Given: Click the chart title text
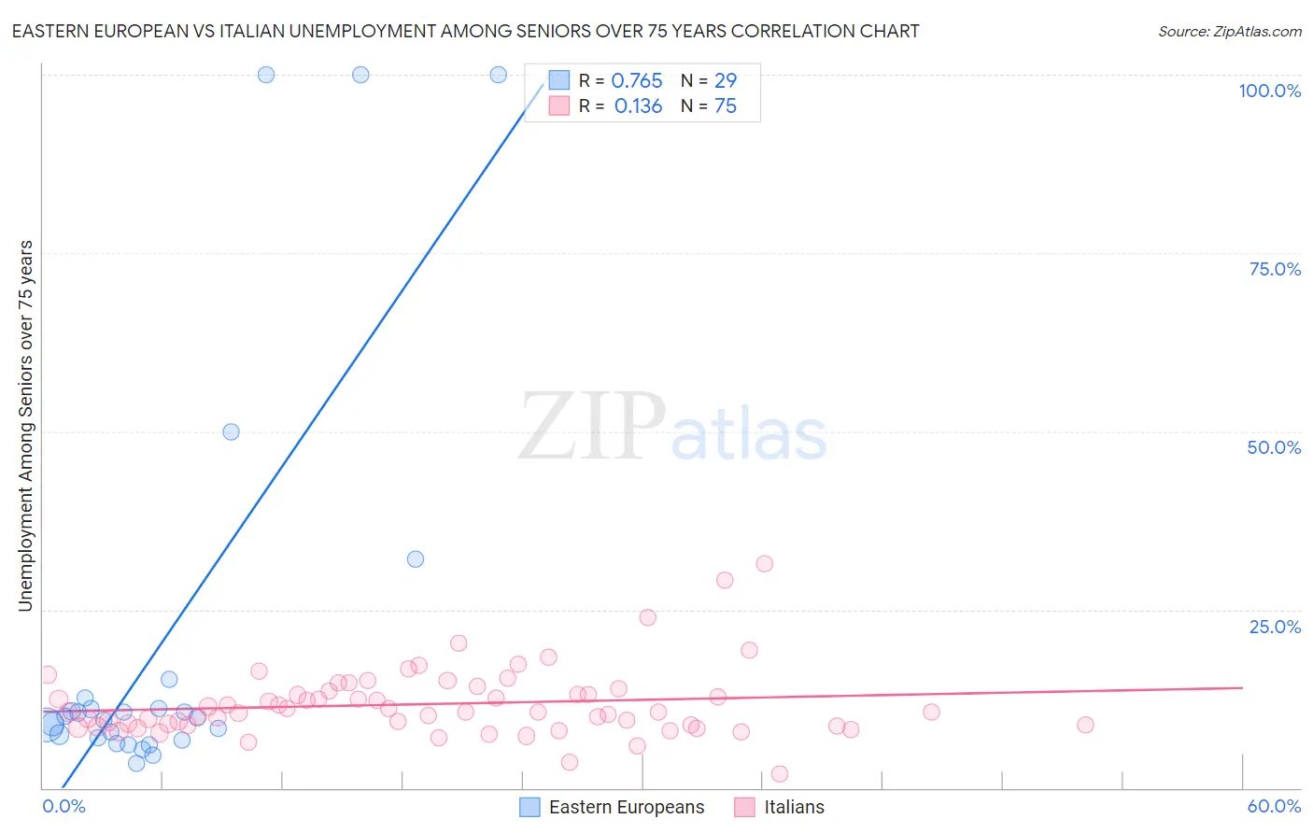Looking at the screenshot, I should point(465,31).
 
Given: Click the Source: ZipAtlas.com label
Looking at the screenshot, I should point(1229,32).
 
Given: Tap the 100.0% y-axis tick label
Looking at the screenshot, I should point(1269,91).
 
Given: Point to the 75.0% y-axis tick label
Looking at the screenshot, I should point(1275,269).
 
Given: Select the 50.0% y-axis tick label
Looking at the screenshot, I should point(1274,447).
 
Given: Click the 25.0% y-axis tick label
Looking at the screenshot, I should point(1275,627).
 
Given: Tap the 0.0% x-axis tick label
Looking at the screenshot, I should point(64,806).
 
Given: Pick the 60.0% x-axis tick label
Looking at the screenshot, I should point(1274,806).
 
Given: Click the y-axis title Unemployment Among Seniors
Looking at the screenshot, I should point(25,426).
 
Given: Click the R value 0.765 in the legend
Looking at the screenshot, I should point(637,81).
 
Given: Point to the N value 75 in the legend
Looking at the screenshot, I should point(726,106).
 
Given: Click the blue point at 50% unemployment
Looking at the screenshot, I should point(231,431).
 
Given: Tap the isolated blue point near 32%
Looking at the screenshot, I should point(416,559).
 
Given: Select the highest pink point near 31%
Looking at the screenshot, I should point(765,563).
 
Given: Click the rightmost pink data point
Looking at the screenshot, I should point(1085,725).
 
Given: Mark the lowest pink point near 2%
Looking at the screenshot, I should point(780,773).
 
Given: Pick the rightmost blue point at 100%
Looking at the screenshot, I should point(499,75).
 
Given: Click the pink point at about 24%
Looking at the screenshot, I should point(648,617).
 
